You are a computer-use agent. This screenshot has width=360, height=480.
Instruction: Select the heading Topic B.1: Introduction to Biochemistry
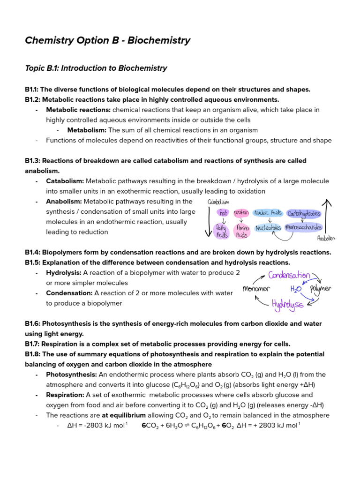point(96,68)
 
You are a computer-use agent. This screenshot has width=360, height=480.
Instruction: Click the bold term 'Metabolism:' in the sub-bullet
point(87,130)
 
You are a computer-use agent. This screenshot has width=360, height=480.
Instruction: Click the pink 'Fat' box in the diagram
point(223,213)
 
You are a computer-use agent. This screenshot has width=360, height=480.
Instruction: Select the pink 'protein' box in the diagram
point(241,213)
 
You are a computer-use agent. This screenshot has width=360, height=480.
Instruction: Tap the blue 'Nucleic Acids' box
point(268,213)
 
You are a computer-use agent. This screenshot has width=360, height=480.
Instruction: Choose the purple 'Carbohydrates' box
point(304,213)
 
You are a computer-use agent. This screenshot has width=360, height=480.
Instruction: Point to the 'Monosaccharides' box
point(304,228)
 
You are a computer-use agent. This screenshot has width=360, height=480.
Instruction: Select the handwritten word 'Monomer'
point(256,289)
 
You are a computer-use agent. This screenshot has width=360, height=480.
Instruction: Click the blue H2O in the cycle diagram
point(296,289)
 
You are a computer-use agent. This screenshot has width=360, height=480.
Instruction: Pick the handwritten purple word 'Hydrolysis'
point(287,305)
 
